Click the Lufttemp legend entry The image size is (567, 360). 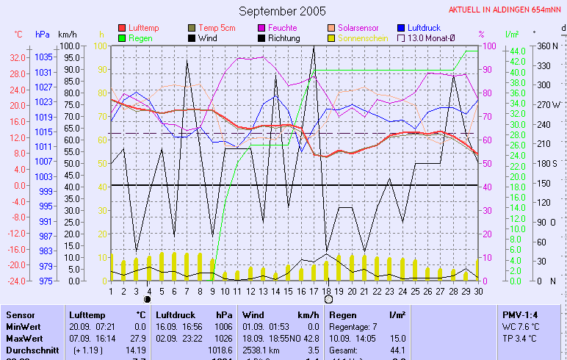tap(142, 28)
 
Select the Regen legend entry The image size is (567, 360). tap(140, 38)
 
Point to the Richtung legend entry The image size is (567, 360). tap(283, 38)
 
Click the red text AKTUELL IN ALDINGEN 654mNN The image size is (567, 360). tap(506, 10)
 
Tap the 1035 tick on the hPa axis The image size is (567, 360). tap(43, 57)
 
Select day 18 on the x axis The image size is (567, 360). tap(327, 291)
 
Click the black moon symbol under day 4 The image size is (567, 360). tap(148, 300)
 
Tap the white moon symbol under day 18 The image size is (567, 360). tap(328, 300)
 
